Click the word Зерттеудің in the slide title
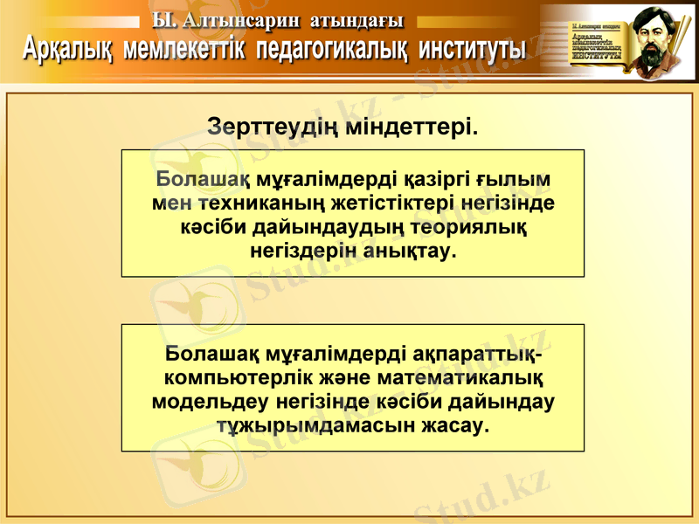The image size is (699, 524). click(271, 128)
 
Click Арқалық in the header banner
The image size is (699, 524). click(67, 48)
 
